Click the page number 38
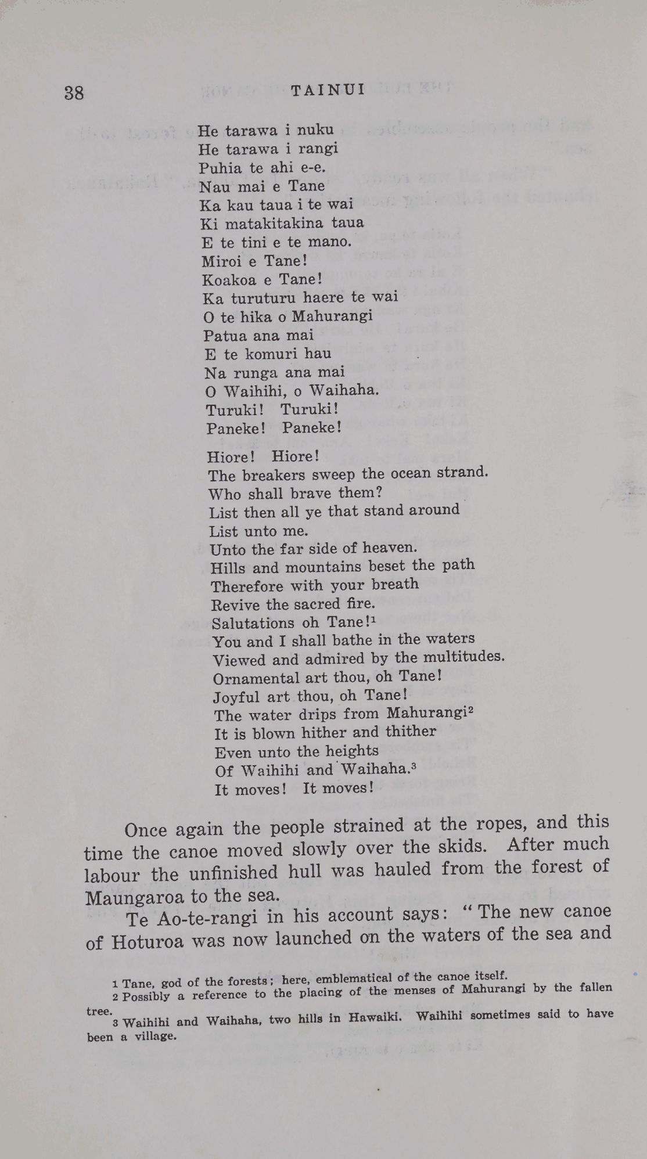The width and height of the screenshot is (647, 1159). [x=74, y=93]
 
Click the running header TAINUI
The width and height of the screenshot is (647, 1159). [x=328, y=90]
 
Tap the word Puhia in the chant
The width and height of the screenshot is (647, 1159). [x=217, y=168]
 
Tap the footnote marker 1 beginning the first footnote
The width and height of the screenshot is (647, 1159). [x=116, y=984]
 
